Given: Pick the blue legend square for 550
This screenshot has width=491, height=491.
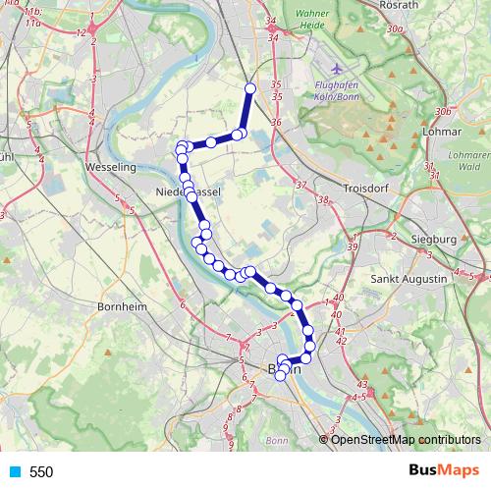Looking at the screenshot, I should [14, 472].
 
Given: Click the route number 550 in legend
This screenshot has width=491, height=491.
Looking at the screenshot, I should [41, 472].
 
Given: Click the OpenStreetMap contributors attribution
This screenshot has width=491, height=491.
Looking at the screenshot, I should [406, 439].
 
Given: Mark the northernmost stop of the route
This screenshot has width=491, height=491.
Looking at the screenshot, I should [249, 89].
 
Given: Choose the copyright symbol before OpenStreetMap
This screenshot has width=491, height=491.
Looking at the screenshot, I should [324, 439].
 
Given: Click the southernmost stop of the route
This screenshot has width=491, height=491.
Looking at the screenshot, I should [280, 375].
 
